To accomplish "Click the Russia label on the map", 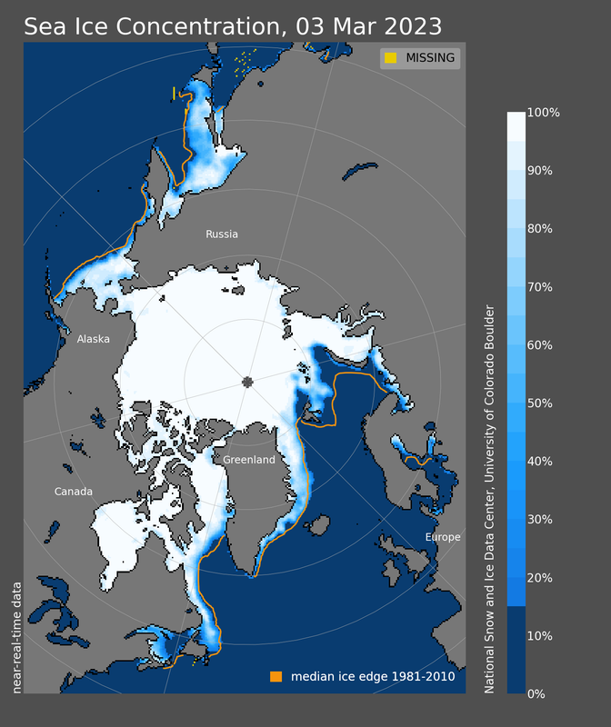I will (x=222, y=234).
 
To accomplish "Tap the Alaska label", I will (x=93, y=339).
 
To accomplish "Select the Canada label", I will (x=74, y=492).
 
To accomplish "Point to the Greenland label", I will (x=249, y=460).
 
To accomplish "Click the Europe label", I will (x=443, y=537).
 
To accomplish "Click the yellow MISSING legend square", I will (x=390, y=59).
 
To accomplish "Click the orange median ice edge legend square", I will (x=275, y=677).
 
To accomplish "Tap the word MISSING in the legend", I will (x=431, y=59).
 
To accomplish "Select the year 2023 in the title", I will (x=409, y=25).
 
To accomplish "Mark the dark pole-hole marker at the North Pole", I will (x=248, y=383).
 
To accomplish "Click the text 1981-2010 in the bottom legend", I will (x=419, y=677).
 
